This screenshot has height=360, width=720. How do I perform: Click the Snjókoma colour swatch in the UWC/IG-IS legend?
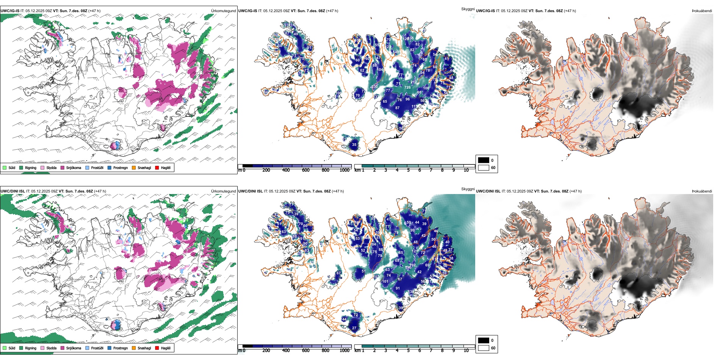tap(63, 167)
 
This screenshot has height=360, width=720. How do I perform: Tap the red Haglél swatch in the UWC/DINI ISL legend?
tap(157, 348)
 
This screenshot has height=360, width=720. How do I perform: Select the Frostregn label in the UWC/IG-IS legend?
tap(121, 167)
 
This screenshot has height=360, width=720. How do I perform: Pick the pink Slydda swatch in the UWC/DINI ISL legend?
tap(42, 348)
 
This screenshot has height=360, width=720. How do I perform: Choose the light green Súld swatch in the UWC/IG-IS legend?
tap(5, 167)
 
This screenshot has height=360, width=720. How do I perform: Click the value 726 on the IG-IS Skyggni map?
tap(407, 88)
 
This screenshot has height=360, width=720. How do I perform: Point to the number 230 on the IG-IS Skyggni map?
tap(374, 87)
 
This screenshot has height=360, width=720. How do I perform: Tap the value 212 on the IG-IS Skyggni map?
tap(413, 82)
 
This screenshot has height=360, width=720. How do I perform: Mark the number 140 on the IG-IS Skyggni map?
tap(396, 52)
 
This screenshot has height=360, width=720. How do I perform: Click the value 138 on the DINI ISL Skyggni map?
tap(412, 292)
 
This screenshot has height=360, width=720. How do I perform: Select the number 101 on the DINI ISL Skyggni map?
tap(385, 281)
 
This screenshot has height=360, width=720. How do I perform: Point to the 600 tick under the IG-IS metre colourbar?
tap(305, 170)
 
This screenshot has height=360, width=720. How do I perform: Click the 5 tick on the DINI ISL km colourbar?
tap(408, 351)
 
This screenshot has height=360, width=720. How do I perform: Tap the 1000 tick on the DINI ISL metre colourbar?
tap(344, 351)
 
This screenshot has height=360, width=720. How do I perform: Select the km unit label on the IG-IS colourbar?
tap(357, 170)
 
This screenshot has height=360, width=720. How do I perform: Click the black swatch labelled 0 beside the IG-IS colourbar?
tap(484, 160)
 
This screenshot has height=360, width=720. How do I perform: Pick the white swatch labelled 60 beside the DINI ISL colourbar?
tap(484, 348)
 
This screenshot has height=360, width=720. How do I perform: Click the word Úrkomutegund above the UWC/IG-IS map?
tap(223, 11)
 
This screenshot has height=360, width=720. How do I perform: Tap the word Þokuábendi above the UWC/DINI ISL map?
tap(702, 191)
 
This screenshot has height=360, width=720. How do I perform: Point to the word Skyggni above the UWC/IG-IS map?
tap(468, 9)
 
